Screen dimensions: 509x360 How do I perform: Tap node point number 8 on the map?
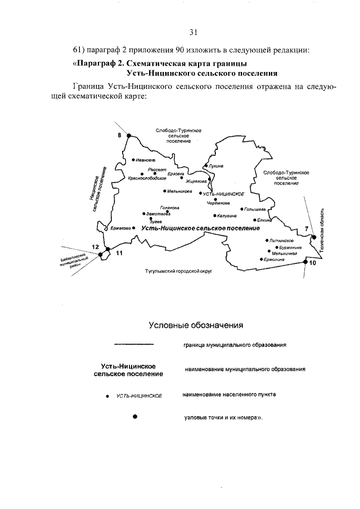pos(128,136)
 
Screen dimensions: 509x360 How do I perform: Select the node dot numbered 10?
pos(305,262)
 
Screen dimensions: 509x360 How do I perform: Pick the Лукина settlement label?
pos(217,166)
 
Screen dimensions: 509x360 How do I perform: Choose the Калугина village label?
pos(227,215)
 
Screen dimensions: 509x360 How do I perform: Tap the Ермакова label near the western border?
pos(120,228)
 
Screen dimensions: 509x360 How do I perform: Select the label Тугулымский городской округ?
pos(180,271)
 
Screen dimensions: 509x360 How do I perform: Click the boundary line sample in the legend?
pos(133,344)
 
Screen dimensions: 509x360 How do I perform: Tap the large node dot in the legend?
pos(134,417)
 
